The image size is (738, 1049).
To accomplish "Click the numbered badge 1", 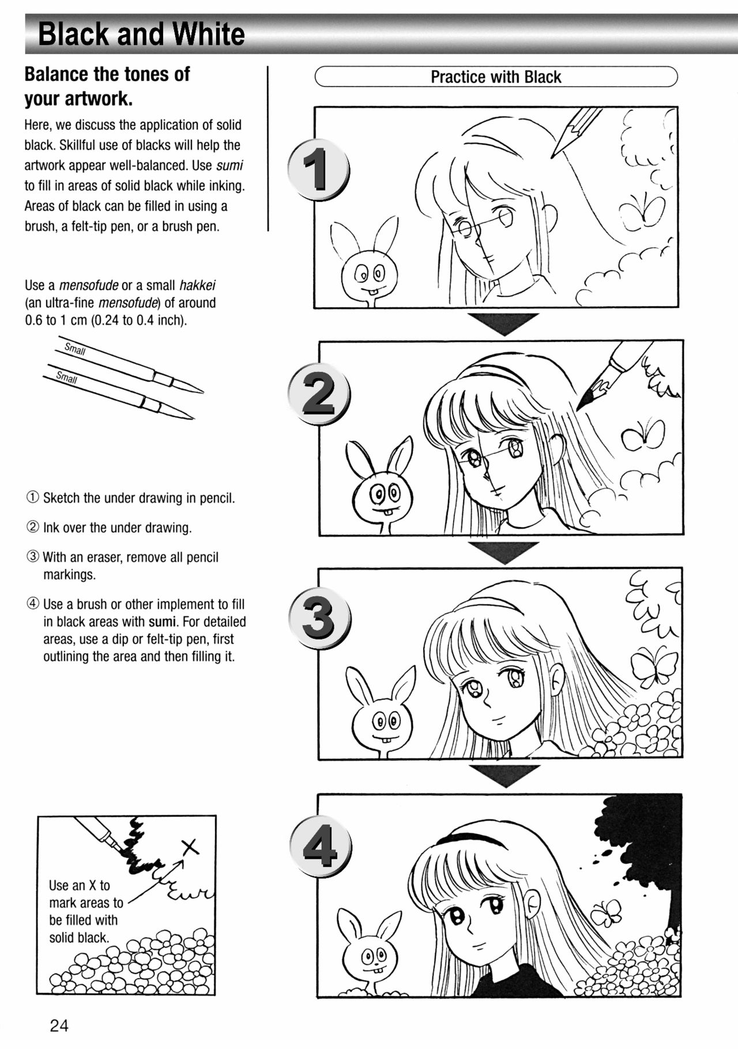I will (318, 169).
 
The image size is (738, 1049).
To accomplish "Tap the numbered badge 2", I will (319, 394).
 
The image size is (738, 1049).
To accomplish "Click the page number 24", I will (59, 1025).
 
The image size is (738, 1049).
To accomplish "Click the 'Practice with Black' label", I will (496, 77).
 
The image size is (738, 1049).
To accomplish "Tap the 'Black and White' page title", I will (141, 34).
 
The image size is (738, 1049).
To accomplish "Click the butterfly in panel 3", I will (653, 667).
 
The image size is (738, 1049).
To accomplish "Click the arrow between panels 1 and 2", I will (503, 324).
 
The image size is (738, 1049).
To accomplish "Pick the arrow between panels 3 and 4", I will (504, 775).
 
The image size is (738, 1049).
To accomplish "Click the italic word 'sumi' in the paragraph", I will (229, 166).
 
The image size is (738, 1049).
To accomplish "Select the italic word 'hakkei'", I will (197, 285).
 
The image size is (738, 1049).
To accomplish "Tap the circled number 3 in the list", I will (33, 557).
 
